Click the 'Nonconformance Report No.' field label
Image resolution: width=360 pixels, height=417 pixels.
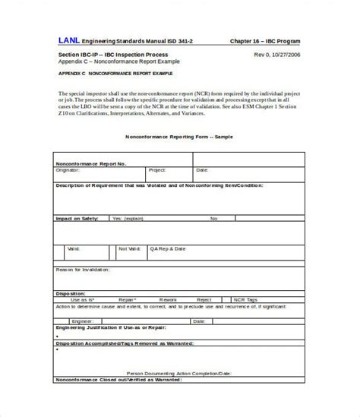coord(91,163)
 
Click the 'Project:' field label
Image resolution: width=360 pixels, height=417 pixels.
coord(157,170)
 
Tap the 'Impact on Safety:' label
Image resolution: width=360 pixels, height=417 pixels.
coord(76,218)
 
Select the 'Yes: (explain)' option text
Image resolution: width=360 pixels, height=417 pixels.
coord(128,218)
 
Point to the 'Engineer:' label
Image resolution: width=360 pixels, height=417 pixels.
coord(86,321)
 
